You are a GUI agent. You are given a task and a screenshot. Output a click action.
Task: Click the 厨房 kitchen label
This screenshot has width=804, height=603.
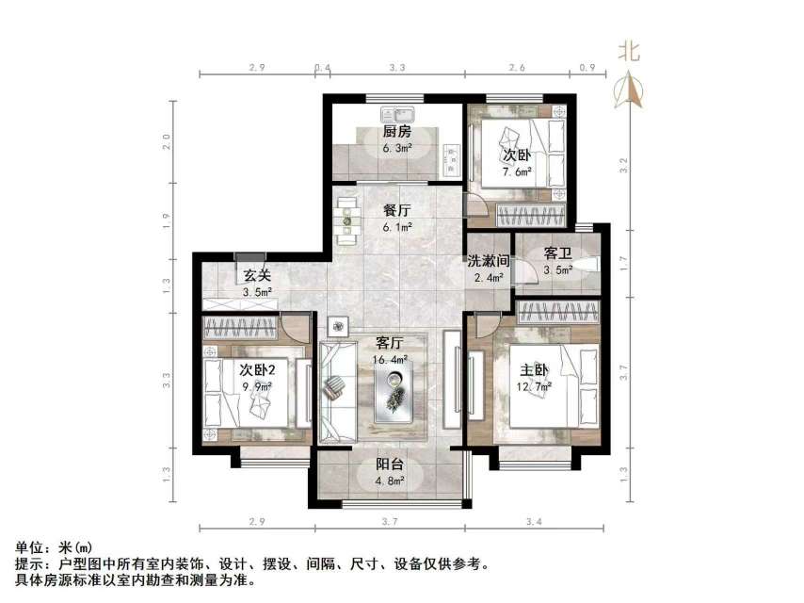396,131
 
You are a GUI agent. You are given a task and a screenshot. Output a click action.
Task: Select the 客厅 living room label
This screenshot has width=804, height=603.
391,344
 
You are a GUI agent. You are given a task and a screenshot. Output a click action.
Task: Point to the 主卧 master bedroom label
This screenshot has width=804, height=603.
529,368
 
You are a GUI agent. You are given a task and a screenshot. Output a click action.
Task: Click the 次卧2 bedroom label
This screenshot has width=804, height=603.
256,369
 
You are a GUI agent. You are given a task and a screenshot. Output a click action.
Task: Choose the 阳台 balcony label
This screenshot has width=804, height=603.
391,464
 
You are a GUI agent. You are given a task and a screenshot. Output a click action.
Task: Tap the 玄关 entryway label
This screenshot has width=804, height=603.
258,276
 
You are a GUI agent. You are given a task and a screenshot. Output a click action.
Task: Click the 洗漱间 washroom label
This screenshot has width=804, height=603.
489,261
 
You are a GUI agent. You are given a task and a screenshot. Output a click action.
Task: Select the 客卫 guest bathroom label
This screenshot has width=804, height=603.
559,253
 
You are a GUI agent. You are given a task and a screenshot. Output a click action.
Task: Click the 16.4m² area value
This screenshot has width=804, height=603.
391,359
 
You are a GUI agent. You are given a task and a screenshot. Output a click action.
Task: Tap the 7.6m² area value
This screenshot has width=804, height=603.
517,171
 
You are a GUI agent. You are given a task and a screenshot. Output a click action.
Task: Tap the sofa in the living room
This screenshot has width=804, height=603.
336,391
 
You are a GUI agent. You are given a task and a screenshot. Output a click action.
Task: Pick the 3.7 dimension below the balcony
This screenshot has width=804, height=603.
391,520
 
